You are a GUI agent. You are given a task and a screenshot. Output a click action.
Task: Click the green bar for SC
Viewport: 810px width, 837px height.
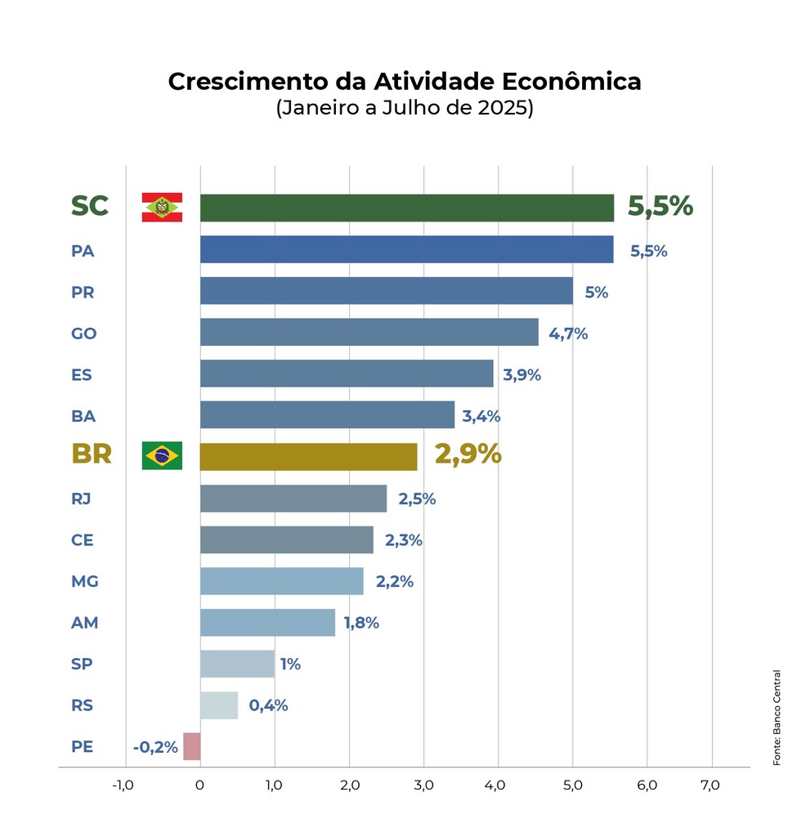[406, 208]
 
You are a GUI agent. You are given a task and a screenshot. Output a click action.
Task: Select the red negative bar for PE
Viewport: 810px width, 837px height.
[191, 746]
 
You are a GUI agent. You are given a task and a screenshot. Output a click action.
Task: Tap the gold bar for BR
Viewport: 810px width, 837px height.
[308, 456]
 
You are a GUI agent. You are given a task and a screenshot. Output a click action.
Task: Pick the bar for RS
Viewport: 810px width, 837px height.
[219, 705]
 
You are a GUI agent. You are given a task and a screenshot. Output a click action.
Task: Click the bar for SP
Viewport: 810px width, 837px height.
[237, 664]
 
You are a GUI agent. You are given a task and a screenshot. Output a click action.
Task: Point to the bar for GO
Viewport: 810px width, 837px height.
[369, 333]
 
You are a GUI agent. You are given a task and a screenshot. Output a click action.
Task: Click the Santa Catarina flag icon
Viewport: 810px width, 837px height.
[162, 208]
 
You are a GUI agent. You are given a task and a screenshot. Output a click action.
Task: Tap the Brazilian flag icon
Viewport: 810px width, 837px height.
[162, 455]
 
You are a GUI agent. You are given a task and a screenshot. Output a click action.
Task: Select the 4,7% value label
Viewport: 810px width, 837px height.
[568, 333]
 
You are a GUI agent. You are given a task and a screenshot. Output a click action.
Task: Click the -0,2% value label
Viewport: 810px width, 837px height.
[155, 747]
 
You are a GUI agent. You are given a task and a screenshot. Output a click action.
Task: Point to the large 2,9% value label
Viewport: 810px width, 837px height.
[468, 454]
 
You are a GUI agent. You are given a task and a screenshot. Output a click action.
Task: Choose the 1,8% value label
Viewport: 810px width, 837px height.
[361, 623]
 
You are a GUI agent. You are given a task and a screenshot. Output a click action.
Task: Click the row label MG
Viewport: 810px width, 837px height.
[85, 581]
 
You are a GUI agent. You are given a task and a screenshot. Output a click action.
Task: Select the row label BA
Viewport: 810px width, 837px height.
[83, 416]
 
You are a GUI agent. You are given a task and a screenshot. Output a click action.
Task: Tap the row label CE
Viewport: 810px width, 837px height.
[83, 539]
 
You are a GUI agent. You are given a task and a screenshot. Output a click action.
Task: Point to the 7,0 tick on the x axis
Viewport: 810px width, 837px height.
[710, 786]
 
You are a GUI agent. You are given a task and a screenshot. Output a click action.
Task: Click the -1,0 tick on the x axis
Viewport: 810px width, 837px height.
[123, 786]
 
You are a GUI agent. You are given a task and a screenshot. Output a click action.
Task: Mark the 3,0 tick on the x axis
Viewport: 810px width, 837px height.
[423, 786]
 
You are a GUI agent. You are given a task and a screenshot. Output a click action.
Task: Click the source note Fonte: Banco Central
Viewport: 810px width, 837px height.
[776, 718]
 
